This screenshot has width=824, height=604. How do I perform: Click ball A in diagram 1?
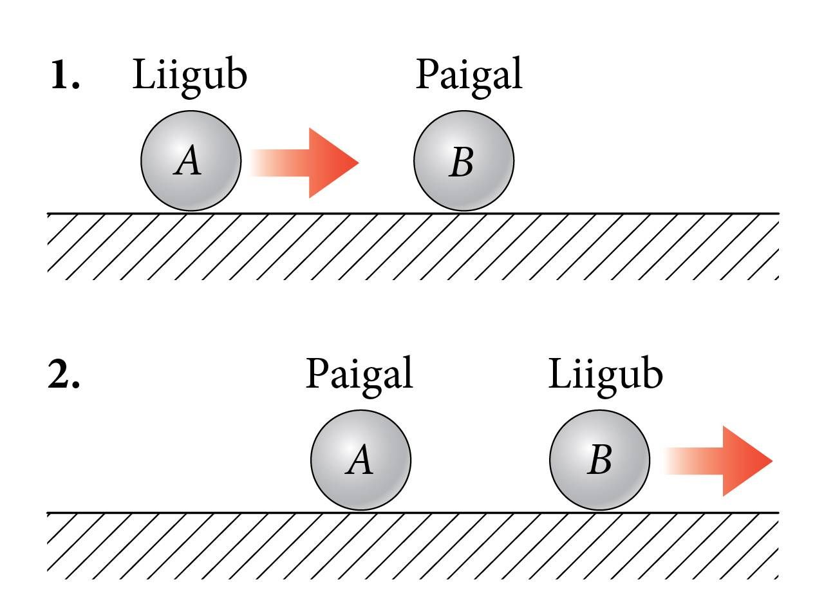click(191, 161)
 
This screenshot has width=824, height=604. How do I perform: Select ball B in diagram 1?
click(464, 161)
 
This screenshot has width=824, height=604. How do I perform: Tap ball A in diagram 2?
click(361, 460)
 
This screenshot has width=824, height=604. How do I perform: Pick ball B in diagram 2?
click(599, 460)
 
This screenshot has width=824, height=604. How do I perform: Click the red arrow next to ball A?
click(304, 163)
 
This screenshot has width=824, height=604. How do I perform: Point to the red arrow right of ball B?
click(718, 461)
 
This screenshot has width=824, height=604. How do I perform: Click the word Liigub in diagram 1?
click(189, 78)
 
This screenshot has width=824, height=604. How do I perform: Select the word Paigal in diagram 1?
click(469, 78)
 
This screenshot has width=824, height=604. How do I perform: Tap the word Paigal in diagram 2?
click(359, 377)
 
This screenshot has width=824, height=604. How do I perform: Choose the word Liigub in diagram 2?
click(606, 377)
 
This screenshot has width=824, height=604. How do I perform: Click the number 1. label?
click(65, 75)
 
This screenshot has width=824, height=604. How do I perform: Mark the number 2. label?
click(64, 373)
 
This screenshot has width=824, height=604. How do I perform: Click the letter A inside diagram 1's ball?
click(187, 160)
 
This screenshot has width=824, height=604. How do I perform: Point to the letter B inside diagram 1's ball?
click(461, 162)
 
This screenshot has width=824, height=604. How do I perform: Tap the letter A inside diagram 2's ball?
click(359, 459)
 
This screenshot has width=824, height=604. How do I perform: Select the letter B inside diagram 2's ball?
click(599, 459)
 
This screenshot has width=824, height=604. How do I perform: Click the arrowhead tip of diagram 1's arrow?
click(359, 162)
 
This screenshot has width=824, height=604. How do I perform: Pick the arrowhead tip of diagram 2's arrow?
click(772, 461)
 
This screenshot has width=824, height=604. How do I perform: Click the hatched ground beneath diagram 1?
click(413, 247)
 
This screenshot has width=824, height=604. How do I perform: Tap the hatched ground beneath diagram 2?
click(413, 546)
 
